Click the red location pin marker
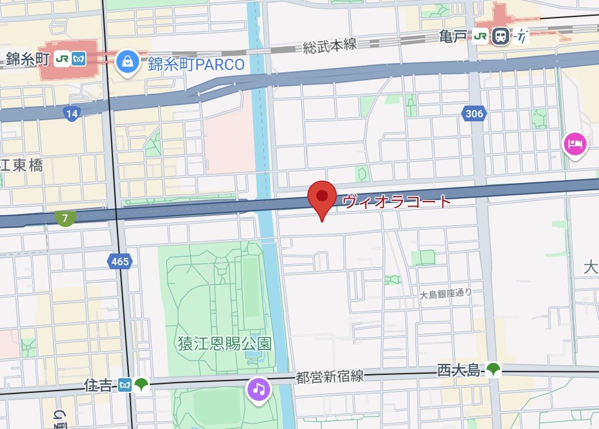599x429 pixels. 322,198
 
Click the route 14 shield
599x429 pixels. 71,114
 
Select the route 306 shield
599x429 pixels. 475,114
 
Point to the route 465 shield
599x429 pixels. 120,261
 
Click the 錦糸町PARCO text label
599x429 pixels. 197,64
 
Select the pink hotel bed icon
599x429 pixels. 575,145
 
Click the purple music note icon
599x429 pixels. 259,388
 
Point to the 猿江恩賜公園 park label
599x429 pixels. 224,343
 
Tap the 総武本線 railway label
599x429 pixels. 330,46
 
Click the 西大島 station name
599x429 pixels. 458,370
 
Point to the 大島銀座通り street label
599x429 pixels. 445,294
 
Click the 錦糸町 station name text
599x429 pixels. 28,58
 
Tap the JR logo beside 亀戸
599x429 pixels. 481,37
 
